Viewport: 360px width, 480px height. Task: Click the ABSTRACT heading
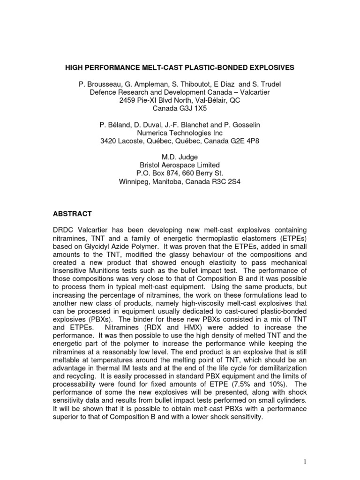pos(72,214)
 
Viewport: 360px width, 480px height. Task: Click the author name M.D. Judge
pos(180,157)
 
